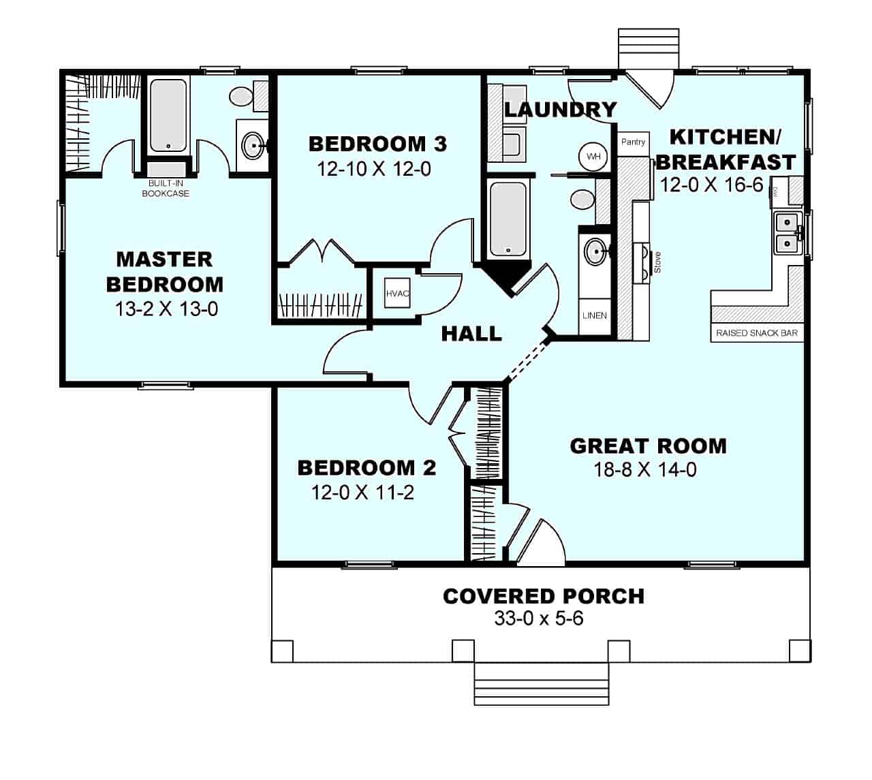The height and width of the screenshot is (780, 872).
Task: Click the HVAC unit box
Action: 396,293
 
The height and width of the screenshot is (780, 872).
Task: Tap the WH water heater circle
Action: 593,157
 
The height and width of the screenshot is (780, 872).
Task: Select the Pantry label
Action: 633,142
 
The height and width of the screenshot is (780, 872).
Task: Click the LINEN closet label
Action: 594,316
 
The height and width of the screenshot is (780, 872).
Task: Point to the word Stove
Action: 657,263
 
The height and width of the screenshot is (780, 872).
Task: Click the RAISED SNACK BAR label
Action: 757,333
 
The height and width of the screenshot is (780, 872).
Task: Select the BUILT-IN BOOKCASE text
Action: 166,189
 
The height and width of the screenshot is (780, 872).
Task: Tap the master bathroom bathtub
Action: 168,115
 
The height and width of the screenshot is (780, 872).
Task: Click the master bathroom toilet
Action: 242,96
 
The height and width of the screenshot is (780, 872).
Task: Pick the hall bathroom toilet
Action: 582,199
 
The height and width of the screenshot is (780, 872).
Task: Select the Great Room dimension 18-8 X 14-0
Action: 645,469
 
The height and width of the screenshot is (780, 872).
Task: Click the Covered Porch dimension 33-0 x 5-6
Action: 539,618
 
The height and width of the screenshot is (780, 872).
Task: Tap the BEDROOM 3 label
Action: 377,144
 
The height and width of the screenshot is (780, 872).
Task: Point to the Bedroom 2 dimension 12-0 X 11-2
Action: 362,492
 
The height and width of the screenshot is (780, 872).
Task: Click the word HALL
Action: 471,333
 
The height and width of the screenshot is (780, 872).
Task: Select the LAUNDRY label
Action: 560,109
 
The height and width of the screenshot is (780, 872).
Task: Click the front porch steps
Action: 541,683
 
